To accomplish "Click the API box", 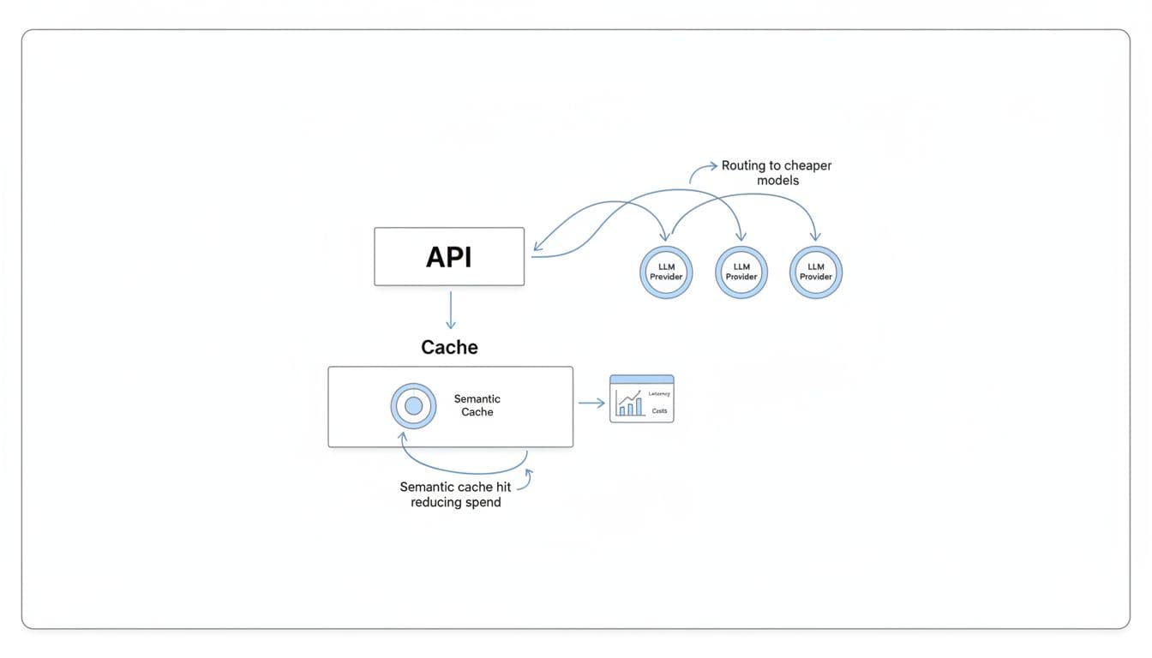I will (x=449, y=256).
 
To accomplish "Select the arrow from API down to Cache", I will (x=451, y=309).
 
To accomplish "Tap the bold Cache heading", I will (x=449, y=347).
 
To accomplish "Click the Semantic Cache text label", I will (x=477, y=405).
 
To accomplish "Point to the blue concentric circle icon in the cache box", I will (x=413, y=406).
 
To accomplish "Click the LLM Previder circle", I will (x=666, y=272).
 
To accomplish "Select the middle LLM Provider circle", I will (x=741, y=272).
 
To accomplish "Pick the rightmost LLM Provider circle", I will (x=816, y=272).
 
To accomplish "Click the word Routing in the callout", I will (x=743, y=165).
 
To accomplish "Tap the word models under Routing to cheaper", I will (x=777, y=181).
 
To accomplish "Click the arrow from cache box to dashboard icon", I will (x=591, y=403).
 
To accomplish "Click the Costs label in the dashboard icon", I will (x=659, y=412).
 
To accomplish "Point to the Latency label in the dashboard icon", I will (x=658, y=393).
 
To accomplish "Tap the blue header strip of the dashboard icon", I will (x=641, y=380).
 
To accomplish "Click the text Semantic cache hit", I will (x=455, y=487).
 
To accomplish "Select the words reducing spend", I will (x=455, y=502).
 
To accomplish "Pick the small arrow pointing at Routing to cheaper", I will (x=702, y=169).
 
